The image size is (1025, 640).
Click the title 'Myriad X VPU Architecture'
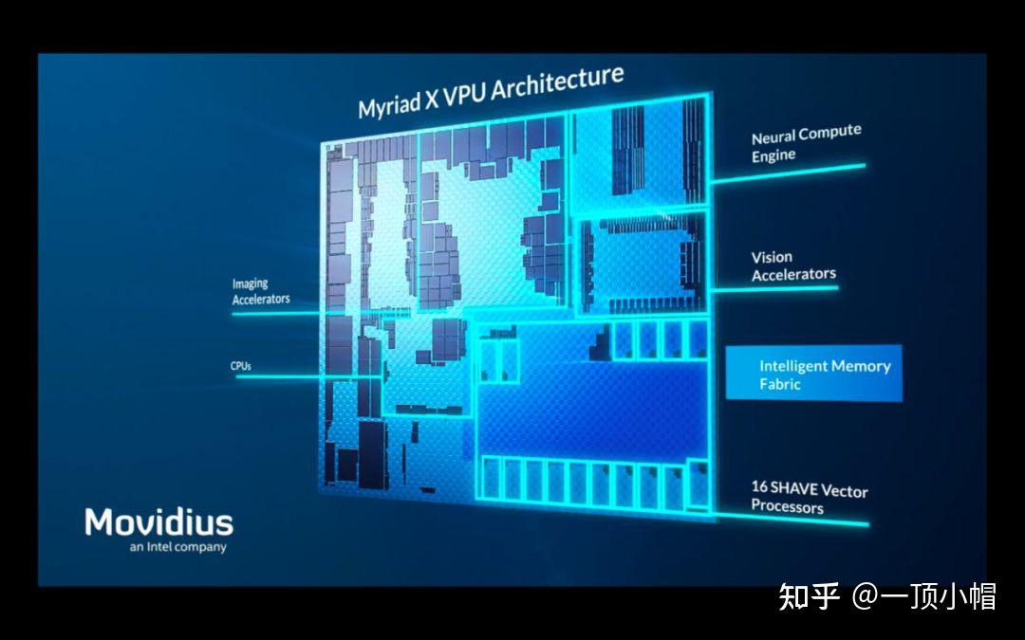pos(490,93)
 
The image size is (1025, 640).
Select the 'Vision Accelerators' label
pos(793,265)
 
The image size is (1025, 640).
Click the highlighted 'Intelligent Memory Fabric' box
pos(814,374)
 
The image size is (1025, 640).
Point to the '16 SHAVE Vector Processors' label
pos(809,497)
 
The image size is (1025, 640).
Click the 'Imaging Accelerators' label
pos(261,291)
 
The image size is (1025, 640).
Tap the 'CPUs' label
pos(241,365)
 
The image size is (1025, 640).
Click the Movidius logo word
pos(158,521)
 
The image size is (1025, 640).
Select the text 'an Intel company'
pos(178,547)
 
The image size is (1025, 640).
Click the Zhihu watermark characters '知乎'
pos(809,596)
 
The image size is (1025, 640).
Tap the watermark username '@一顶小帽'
pos(923,596)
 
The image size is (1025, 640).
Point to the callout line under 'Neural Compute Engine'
pos(788,172)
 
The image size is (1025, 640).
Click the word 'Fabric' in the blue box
pos(780,384)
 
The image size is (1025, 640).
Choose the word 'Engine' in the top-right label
pos(773,155)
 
